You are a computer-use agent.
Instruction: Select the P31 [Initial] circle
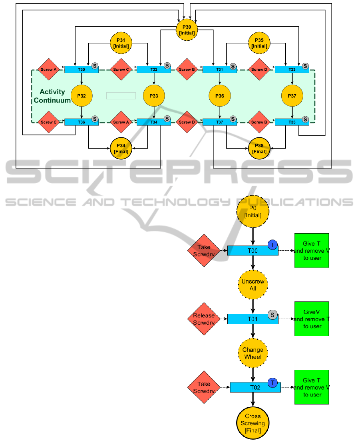point(121,43)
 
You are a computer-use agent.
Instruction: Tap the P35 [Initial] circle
point(259,43)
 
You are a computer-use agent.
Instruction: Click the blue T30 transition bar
point(81,69)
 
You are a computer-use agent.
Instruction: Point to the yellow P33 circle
point(154,96)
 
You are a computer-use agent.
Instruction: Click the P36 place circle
point(220,96)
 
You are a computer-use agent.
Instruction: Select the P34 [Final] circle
point(121,149)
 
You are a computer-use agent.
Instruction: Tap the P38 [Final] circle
point(259,149)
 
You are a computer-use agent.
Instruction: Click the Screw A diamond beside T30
point(49,69)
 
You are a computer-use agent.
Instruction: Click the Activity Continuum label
point(52,96)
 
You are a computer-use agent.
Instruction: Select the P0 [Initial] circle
point(253,212)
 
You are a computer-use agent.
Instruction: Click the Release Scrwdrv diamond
point(204,319)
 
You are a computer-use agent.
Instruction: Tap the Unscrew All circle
point(253,285)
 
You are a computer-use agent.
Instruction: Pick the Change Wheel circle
point(253,353)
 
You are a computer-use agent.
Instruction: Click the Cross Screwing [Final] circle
point(253,423)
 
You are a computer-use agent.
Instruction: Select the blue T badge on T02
point(272,383)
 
